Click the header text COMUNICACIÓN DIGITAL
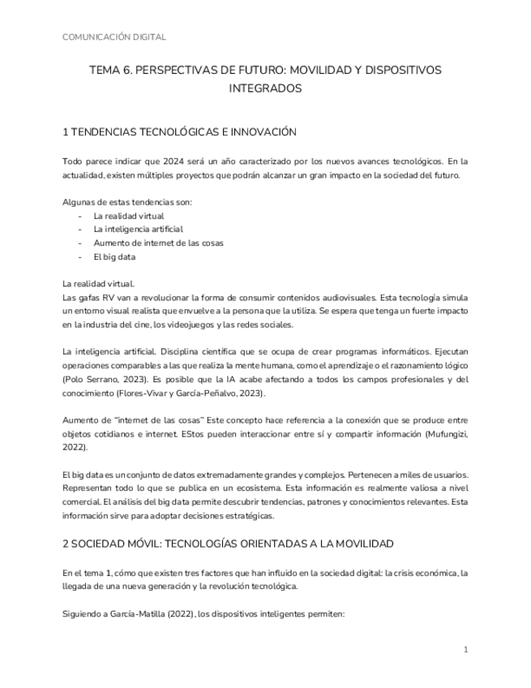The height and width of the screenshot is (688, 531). coord(113,37)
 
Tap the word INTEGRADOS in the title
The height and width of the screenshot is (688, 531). coord(265,88)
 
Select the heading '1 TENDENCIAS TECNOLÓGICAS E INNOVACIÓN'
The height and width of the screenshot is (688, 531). coord(179,131)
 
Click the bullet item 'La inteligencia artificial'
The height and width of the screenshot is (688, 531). coord(138,230)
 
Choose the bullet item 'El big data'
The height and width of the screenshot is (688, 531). coord(114,257)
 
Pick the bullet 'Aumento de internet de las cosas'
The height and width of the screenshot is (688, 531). coord(158,243)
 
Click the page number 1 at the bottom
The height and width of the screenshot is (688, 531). coord(465,650)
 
